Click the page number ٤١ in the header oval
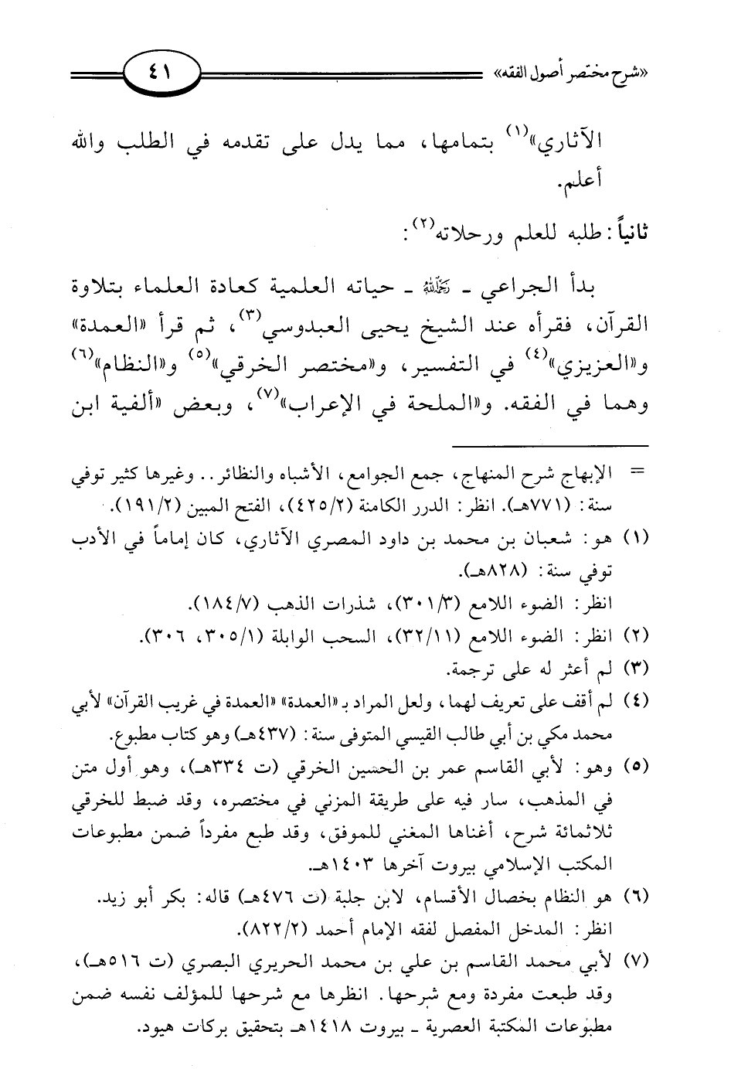point(162,76)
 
